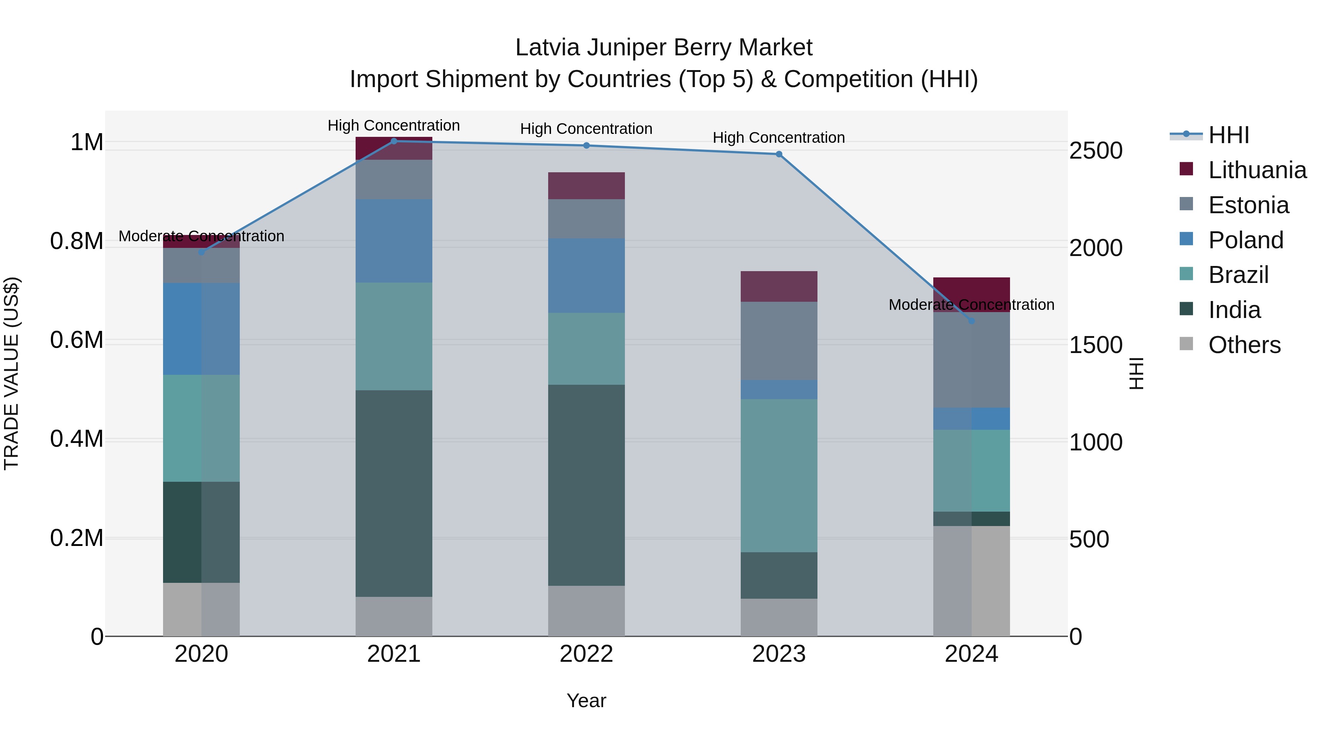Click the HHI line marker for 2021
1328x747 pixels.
point(394,141)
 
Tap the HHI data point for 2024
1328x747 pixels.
point(971,321)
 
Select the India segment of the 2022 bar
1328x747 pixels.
point(586,485)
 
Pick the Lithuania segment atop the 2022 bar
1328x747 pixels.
point(586,186)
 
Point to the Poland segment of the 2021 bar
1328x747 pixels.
point(394,241)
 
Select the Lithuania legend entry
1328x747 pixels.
point(1257,170)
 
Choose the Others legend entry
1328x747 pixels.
point(1244,345)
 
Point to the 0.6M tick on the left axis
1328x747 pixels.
point(76,340)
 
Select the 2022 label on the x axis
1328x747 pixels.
point(586,654)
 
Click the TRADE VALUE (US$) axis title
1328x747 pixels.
point(11,373)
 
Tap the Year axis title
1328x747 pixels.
point(586,701)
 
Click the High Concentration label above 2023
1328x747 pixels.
point(778,138)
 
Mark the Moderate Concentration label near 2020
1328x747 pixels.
point(201,236)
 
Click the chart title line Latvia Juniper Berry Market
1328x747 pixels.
point(664,48)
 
